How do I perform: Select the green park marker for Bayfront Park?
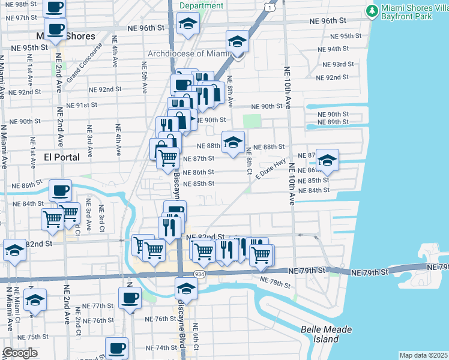(373, 11)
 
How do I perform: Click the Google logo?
(20, 353)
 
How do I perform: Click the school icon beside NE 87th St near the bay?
(327, 160)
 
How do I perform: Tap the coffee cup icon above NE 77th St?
(130, 297)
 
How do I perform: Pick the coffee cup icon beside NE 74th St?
(116, 347)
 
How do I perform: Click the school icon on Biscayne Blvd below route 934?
(186, 289)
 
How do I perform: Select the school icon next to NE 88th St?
(233, 142)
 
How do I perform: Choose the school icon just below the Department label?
(188, 25)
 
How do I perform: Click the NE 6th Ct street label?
(196, 336)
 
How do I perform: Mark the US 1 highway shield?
(271, 8)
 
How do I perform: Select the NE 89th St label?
(334, 122)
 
